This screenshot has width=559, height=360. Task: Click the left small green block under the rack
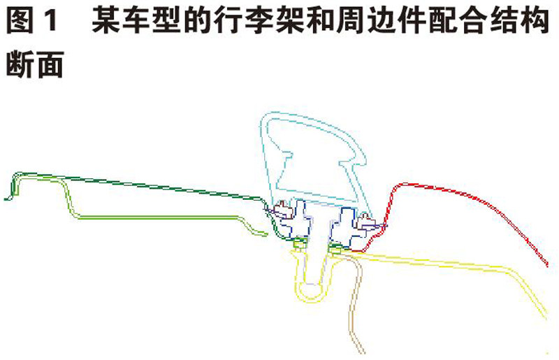tap(298, 243)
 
